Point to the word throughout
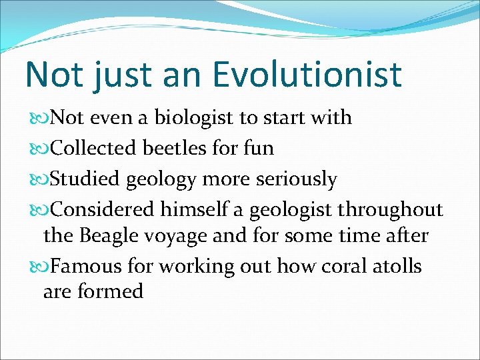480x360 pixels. tap(390, 210)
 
